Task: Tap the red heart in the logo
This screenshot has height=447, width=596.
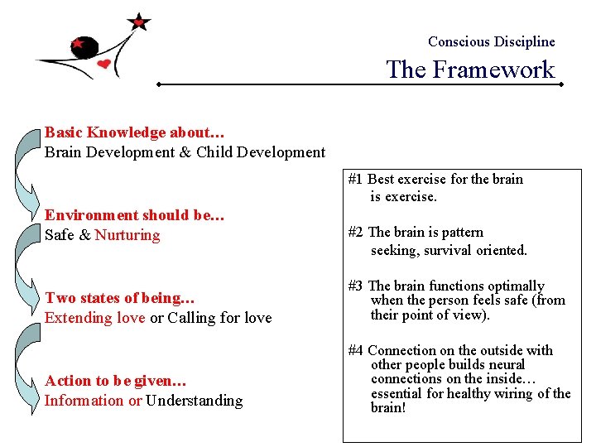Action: (103, 64)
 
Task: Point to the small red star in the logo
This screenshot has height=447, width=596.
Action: (78, 42)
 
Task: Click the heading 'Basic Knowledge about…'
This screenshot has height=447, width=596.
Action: (135, 132)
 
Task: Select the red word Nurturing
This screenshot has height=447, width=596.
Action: (127, 235)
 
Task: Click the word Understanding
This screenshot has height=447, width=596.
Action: (195, 401)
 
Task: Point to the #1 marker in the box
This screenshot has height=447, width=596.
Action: (356, 179)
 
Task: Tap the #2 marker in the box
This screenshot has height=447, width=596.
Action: (356, 233)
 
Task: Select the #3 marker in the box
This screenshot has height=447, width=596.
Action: (356, 286)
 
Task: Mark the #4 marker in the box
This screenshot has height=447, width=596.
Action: (356, 350)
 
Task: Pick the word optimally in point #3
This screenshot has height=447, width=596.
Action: (515, 286)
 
